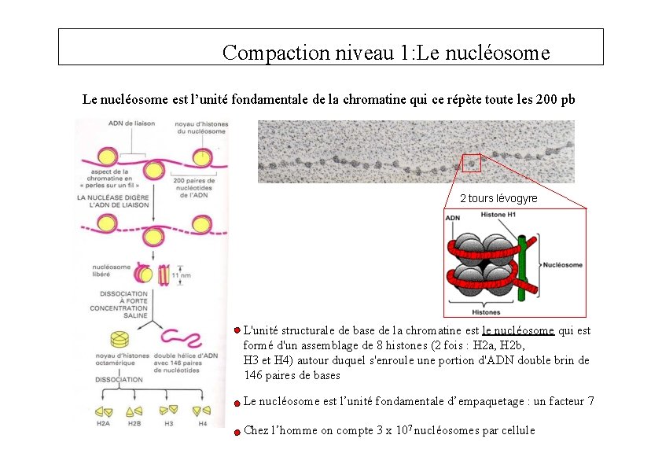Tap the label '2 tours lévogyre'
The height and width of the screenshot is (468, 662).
point(498,198)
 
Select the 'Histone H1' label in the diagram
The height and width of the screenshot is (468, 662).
point(498,215)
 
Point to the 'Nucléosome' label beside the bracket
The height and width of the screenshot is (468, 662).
point(563,265)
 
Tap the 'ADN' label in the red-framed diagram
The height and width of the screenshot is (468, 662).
point(453,218)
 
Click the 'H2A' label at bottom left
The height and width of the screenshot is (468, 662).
point(103,424)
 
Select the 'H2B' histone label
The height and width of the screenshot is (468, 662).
point(135,424)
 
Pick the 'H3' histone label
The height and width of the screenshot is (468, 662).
point(168,424)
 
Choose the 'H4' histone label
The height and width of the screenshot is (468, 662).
point(202,424)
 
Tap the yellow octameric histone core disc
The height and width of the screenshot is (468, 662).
point(120,339)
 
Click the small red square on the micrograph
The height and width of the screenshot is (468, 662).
point(471,164)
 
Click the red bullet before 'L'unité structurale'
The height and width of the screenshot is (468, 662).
point(237,331)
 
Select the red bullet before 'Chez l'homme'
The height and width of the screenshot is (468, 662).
point(237,431)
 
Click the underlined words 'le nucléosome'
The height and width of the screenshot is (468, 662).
point(518,331)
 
